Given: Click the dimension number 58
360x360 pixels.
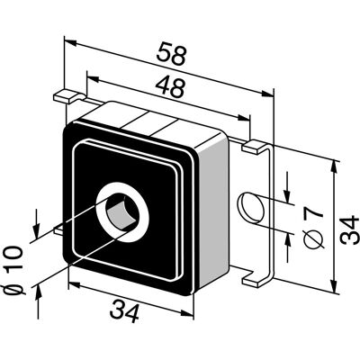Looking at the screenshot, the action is click(x=172, y=54).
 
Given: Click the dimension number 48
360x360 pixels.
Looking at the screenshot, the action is click(x=170, y=86).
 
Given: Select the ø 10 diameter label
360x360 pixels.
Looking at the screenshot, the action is click(x=13, y=270).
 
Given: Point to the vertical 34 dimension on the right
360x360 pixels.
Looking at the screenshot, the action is click(x=349, y=229).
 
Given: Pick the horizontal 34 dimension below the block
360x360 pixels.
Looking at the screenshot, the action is click(x=124, y=312).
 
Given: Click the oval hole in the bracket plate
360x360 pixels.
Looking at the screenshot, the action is click(x=251, y=208).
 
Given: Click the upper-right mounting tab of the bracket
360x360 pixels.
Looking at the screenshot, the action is click(x=254, y=147).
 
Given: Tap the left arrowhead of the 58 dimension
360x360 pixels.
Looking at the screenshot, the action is click(x=69, y=42).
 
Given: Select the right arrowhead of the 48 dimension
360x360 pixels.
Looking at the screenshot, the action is click(x=244, y=118).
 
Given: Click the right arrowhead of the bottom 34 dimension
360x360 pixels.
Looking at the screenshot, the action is click(x=188, y=313).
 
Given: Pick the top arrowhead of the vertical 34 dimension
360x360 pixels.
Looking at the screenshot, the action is click(x=333, y=166).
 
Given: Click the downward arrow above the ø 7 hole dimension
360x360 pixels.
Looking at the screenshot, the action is click(x=287, y=187).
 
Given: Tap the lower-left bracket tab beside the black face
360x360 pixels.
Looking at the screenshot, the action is click(x=58, y=230).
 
